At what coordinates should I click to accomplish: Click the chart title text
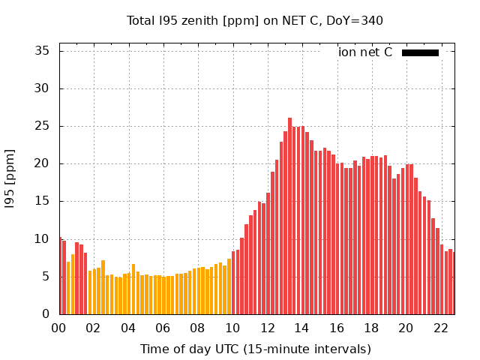pos(255,20)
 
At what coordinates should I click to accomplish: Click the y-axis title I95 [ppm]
pos(10,178)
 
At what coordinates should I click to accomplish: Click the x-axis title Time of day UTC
pos(255,349)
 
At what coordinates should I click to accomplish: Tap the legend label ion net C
pos(365,52)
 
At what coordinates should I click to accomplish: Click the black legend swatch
pos(420,52)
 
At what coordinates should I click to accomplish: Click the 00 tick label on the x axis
pos(59,328)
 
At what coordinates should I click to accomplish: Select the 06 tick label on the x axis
pos(163,328)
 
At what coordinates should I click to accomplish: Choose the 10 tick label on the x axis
pos(232,328)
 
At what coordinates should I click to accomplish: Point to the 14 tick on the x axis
pos(301,328)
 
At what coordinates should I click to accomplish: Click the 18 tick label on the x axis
pos(370,328)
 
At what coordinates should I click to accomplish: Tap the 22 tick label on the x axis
pos(440,328)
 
